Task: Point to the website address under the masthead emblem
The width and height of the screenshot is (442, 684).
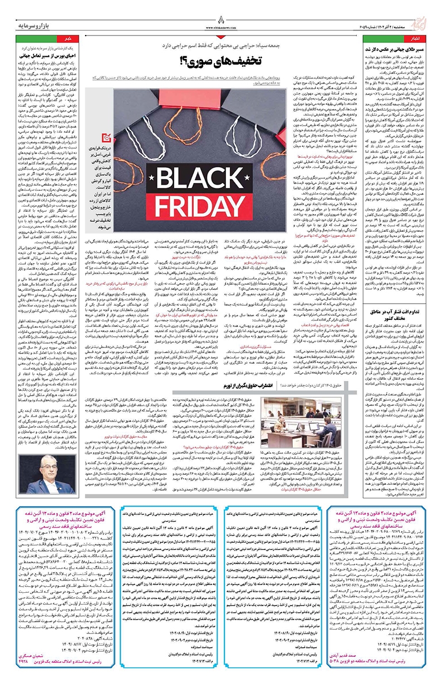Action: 221,25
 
